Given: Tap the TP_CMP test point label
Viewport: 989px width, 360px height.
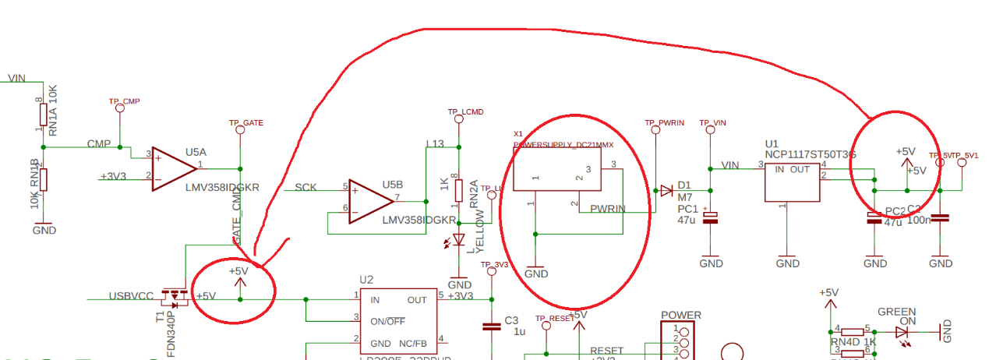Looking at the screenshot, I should tap(124, 102).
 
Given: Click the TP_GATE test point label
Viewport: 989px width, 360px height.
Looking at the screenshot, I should tap(245, 123).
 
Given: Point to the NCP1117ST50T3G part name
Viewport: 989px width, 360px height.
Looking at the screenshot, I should tap(811, 155).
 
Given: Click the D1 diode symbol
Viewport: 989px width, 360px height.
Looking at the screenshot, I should tap(666, 190).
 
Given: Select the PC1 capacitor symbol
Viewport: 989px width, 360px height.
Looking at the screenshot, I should tap(710, 218).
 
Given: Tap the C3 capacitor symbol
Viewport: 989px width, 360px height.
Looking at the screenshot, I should tap(491, 326).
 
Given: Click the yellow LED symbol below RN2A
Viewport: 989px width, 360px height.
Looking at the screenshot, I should tap(459, 240).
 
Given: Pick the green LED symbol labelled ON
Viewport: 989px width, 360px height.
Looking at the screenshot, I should tap(902, 331).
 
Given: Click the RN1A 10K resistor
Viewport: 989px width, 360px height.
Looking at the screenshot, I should tap(44, 115).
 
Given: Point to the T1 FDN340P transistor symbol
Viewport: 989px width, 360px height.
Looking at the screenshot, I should tap(175, 297).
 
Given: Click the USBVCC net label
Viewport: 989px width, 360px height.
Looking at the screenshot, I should tap(131, 296).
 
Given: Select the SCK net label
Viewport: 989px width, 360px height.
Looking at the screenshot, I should tap(306, 188).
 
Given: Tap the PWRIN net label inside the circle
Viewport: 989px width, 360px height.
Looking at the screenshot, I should tap(608, 208).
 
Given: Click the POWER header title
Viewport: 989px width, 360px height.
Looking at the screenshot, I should tap(680, 316).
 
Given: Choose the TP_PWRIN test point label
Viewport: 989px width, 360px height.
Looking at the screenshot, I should tap(664, 123).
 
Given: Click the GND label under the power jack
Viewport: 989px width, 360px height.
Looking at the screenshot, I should tap(535, 274).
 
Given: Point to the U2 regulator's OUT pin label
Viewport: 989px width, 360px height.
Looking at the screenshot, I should tap(417, 299).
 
